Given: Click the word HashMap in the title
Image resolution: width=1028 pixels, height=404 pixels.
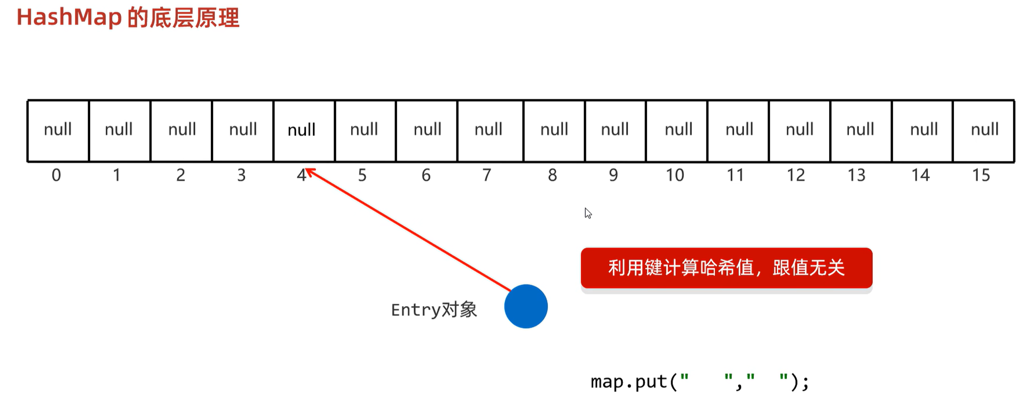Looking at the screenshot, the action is point(69,18).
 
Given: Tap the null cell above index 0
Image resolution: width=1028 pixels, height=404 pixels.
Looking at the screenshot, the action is point(58,130).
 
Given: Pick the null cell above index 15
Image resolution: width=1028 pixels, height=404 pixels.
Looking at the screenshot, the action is point(984,130).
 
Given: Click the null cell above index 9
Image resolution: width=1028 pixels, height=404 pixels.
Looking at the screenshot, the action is point(614,130).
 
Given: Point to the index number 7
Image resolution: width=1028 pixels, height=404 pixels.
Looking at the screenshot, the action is point(487,175).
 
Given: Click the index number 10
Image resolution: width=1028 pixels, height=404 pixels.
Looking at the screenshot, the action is point(675,175).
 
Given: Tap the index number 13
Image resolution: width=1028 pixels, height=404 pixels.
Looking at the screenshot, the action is point(857,175).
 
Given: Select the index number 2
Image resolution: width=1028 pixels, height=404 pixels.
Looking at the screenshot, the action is point(180,175).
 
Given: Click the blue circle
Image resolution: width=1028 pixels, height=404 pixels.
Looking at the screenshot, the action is point(526,307).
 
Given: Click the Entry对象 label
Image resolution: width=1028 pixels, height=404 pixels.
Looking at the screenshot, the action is point(434,310).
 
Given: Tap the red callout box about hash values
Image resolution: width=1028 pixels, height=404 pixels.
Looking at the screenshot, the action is point(726,268).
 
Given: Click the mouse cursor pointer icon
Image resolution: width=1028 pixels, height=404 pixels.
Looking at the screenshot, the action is point(588,213).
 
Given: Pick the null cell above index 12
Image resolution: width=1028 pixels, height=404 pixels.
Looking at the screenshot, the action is point(799,130).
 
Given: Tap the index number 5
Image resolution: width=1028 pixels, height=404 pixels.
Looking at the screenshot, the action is point(362,175).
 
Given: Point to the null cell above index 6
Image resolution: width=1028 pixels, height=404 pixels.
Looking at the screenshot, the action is point(427,130).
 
